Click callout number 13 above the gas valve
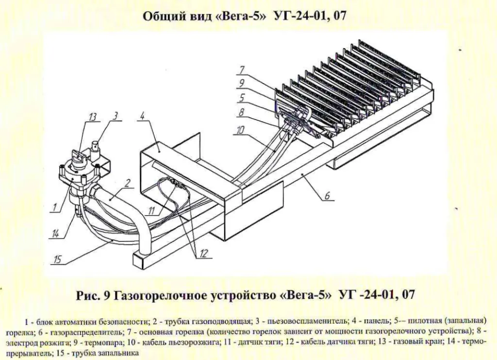point(92,118)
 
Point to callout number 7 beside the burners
point(242,69)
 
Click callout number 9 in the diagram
point(242,83)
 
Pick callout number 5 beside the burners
point(242,97)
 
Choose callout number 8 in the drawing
point(242,112)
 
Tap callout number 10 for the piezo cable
point(241,129)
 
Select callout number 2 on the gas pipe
point(127,183)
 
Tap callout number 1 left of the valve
point(54,208)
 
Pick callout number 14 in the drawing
point(55,234)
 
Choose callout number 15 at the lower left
point(58,259)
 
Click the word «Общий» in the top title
point(159,16)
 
